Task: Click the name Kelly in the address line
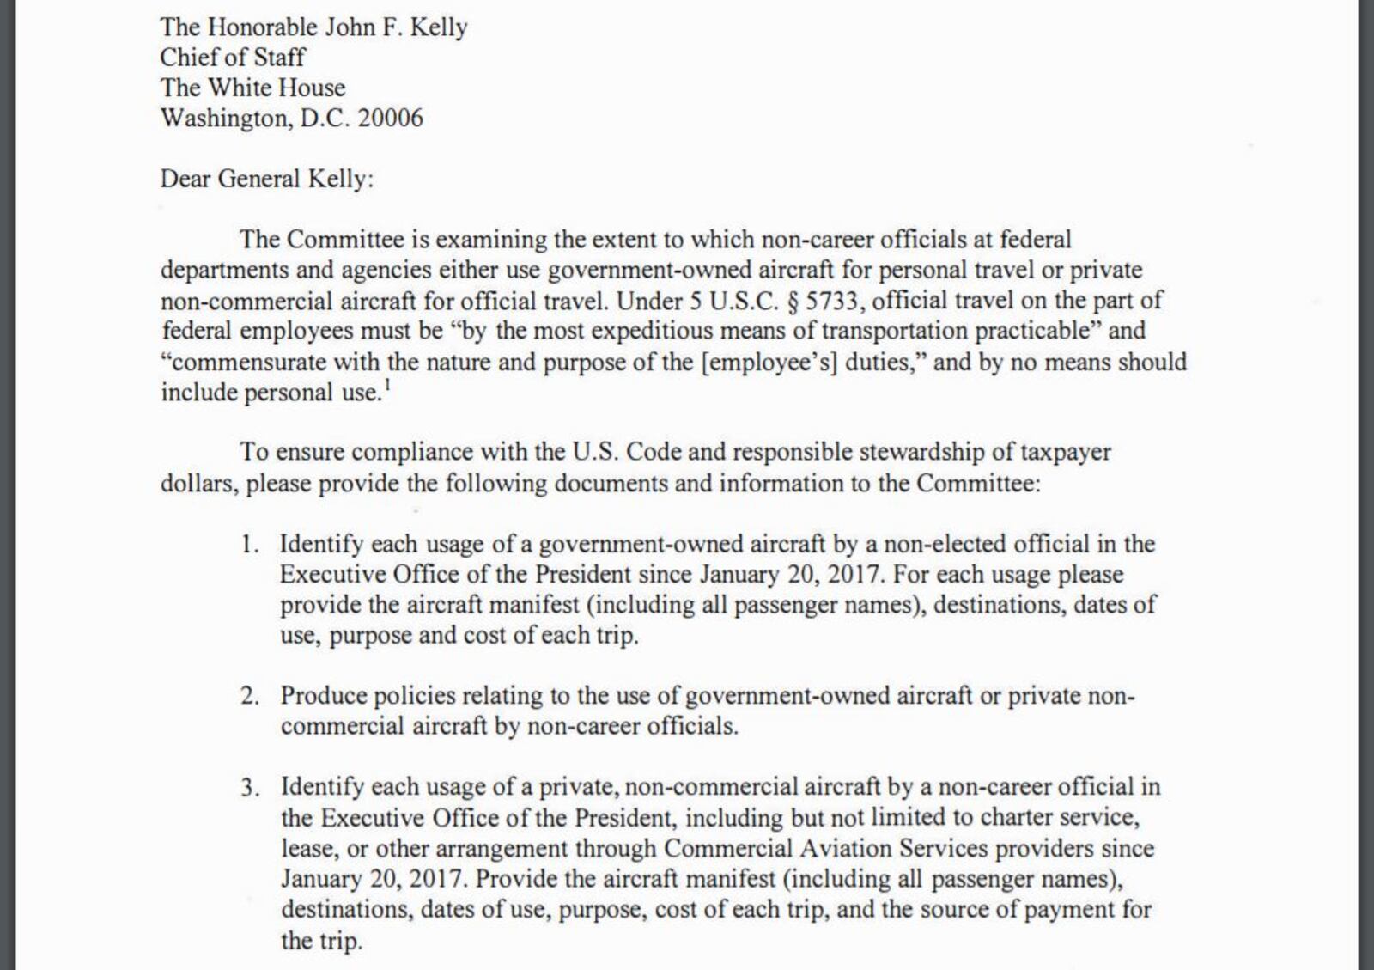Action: pyautogui.click(x=438, y=27)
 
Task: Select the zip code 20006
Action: pyautogui.click(x=390, y=118)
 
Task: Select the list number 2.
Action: pyautogui.click(x=250, y=696)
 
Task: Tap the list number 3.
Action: pyautogui.click(x=250, y=787)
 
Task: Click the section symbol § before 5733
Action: pyautogui.click(x=791, y=301)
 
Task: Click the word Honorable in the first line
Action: pyautogui.click(x=264, y=27)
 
